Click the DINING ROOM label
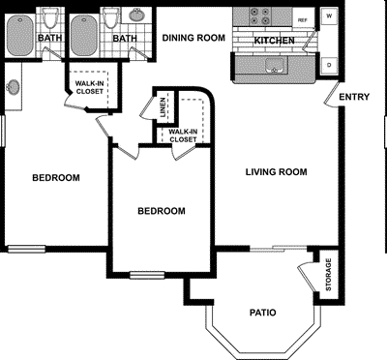click(x=193, y=38)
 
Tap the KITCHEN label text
click(x=273, y=41)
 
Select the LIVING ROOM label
click(x=276, y=172)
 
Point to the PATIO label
click(x=262, y=313)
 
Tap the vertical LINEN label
click(x=161, y=111)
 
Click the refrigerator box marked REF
click(x=303, y=19)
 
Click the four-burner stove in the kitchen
click(x=259, y=17)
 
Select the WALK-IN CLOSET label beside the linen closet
click(x=183, y=135)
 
